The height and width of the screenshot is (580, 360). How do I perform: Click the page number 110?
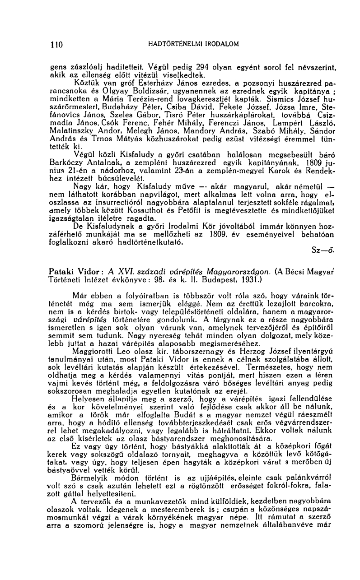pos(56,44)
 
